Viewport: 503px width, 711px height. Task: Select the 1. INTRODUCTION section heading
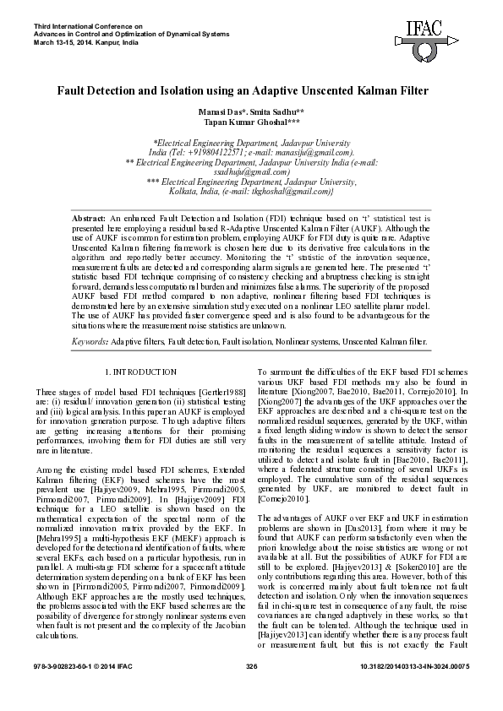140,372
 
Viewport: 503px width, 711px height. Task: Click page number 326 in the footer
251,691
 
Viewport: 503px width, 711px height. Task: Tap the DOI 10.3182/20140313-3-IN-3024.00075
414,691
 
